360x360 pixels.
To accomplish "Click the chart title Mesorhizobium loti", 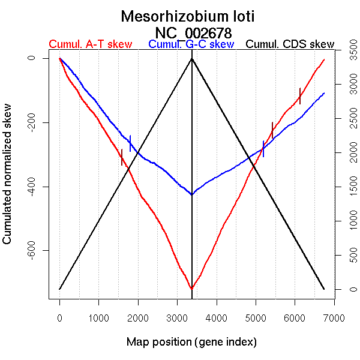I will click(x=188, y=16).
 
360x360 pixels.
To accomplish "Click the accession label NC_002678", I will click(x=193, y=32).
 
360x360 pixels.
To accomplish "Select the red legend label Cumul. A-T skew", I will click(x=90, y=44).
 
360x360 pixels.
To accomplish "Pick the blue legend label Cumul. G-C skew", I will click(x=191, y=44).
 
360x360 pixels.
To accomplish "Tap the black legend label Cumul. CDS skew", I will click(x=290, y=44).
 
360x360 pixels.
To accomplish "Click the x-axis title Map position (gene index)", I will click(x=191, y=343).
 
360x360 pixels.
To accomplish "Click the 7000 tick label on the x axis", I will click(x=334, y=317).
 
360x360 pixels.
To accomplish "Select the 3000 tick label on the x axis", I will click(x=177, y=317).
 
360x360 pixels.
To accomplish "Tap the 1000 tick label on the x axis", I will click(x=98, y=317).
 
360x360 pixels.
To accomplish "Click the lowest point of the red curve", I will click(x=191, y=289).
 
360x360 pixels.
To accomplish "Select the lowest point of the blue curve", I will click(x=191, y=194).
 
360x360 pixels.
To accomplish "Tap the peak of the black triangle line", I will click(x=191, y=58).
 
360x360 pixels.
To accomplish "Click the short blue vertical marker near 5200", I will click(x=263, y=148).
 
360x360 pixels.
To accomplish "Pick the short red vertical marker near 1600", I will click(x=122, y=157).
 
